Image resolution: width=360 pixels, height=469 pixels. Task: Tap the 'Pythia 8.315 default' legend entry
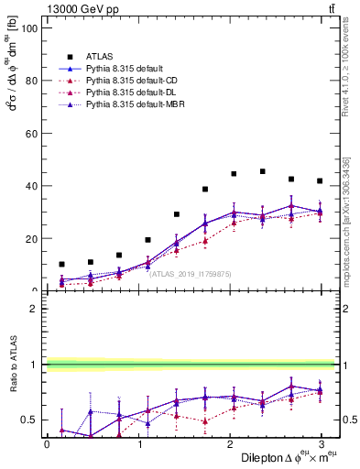(126, 68)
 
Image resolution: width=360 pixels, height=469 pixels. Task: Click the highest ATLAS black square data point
(263, 171)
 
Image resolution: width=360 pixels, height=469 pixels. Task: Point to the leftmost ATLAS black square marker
(61, 264)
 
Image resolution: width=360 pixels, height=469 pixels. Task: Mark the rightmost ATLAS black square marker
(320, 180)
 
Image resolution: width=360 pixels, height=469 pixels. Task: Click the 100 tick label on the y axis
(29, 28)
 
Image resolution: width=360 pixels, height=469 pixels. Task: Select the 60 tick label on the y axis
(32, 134)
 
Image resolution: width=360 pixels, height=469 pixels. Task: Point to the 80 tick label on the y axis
(32, 81)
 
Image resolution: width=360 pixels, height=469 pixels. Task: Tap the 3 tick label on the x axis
(321, 443)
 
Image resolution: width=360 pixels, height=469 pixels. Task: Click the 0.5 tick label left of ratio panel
(29, 420)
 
